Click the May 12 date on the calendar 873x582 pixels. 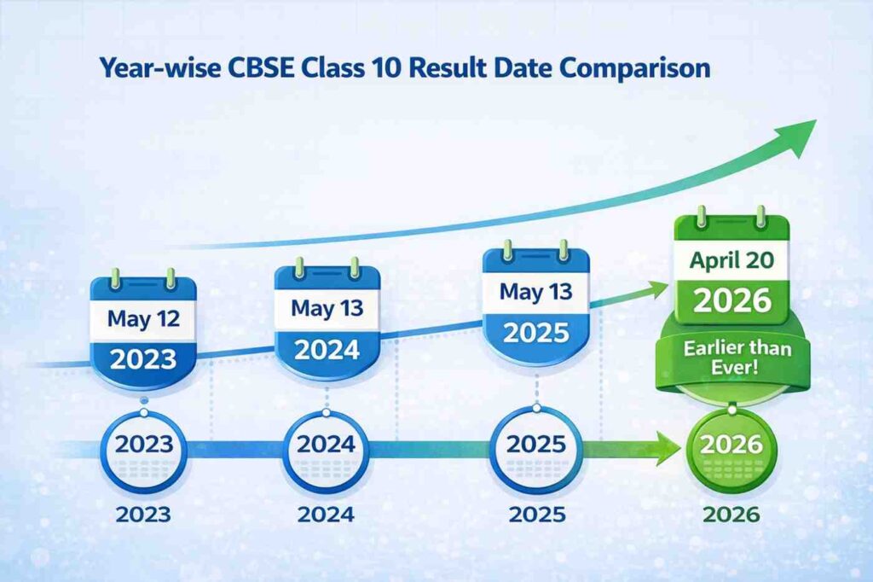(x=143, y=319)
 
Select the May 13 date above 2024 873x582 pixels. (x=327, y=308)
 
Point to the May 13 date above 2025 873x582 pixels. (x=535, y=292)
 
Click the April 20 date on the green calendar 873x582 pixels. (x=731, y=260)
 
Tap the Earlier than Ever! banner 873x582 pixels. (x=737, y=358)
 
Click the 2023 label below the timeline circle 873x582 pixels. (x=143, y=515)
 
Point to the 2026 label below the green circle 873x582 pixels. (x=731, y=515)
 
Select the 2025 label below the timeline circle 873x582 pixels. (x=537, y=515)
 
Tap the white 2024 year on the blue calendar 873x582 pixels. (x=327, y=350)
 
